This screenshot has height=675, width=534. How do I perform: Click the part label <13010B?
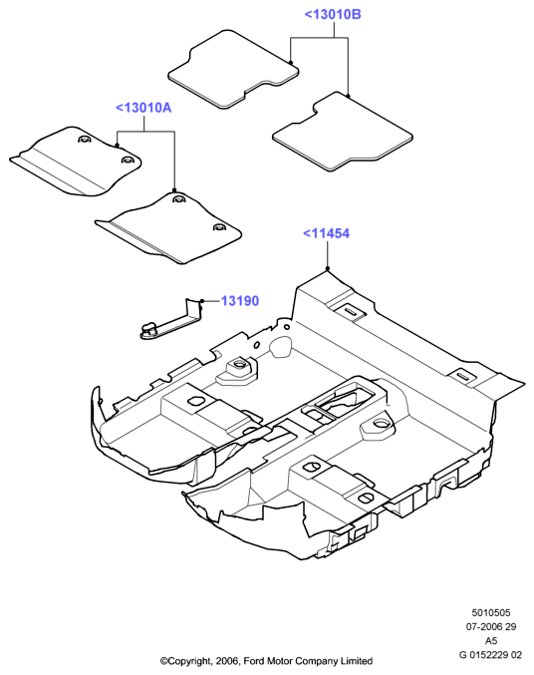pos(333,14)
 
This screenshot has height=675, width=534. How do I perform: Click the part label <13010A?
pos(143,108)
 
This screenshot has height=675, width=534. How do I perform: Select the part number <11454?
pos(326,233)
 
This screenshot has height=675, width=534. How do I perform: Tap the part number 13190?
pos(240,300)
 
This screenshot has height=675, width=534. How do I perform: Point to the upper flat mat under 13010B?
pos(233,69)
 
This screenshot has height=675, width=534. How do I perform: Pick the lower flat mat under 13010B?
pos(343,132)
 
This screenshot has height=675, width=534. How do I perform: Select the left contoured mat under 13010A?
pos(78,162)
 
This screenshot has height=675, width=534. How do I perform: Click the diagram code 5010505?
pos(491,612)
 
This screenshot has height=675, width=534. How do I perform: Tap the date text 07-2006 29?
pos(491,627)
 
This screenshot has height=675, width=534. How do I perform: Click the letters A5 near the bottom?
pos(491,640)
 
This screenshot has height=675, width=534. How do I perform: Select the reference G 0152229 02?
pos(490,655)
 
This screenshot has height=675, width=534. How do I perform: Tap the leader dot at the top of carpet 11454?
pos(328,268)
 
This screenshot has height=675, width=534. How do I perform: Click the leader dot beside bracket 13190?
pos(202,300)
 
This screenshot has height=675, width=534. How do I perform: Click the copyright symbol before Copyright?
pos(163,661)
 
